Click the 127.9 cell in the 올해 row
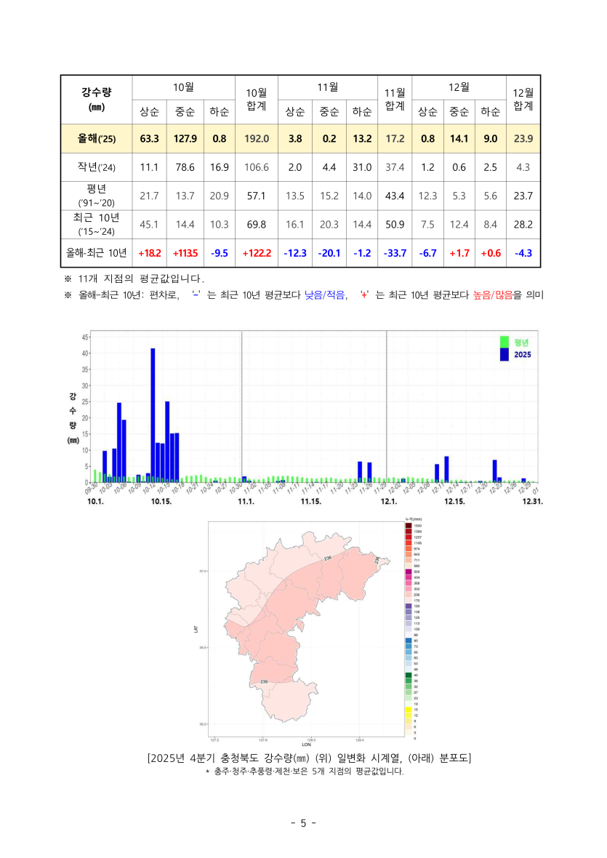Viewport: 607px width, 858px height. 185,138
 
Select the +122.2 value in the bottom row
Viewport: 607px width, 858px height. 256,253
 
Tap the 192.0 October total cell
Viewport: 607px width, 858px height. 256,138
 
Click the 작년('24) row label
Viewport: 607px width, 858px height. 96,167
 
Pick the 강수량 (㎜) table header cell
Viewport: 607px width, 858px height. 96,99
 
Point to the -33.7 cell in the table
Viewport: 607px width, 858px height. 394,253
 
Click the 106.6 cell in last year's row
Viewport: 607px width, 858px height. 256,167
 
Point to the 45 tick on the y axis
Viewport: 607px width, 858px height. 85,337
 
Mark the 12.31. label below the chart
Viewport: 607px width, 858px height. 533,502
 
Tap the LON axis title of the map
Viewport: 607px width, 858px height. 307,745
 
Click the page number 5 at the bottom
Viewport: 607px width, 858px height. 303,823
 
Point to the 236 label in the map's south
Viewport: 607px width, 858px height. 264,681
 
